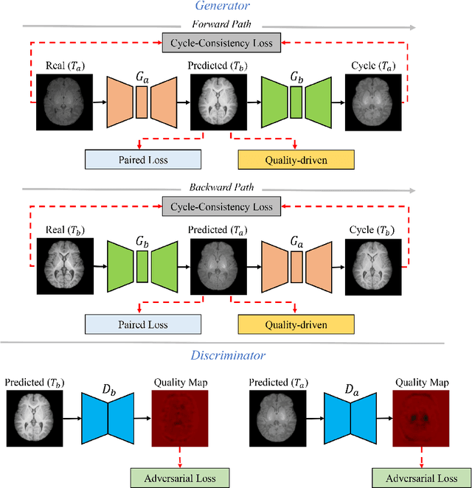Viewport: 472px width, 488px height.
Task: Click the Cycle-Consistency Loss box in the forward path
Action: point(221,43)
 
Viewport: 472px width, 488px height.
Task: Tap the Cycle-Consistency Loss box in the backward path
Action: point(221,207)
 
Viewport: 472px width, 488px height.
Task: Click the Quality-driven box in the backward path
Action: point(296,324)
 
